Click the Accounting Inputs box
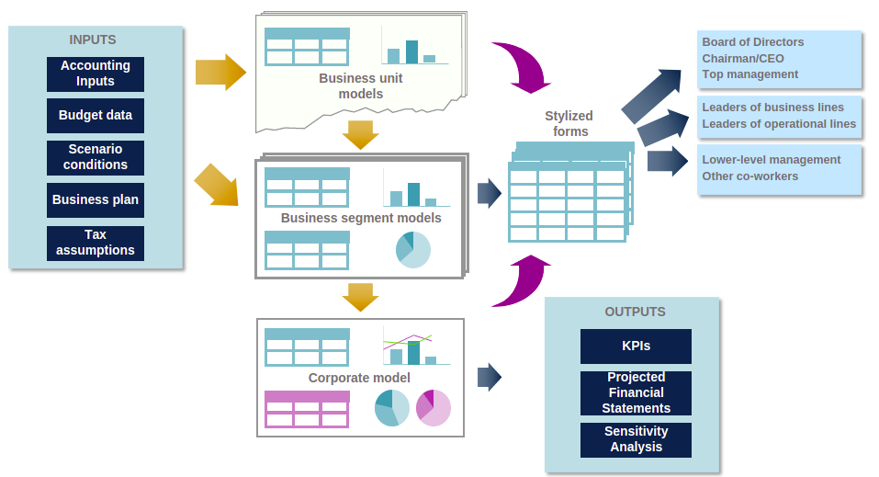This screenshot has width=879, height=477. pyautogui.click(x=96, y=74)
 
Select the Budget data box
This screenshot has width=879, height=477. pyautogui.click(x=96, y=116)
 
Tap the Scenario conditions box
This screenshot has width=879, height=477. pyautogui.click(x=96, y=157)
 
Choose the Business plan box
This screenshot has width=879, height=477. pyautogui.click(x=96, y=199)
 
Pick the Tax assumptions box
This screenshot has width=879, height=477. pyautogui.click(x=96, y=243)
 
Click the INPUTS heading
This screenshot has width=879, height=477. pyautogui.click(x=93, y=40)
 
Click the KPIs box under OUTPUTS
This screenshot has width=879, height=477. pyautogui.click(x=636, y=346)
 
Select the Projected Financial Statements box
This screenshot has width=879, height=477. pyautogui.click(x=636, y=392)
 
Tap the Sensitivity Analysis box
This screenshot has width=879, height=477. pyautogui.click(x=636, y=439)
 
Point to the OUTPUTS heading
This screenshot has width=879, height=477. pyautogui.click(x=635, y=312)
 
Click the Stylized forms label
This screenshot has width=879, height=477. pyautogui.click(x=569, y=123)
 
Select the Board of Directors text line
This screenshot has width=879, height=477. pyautogui.click(x=753, y=42)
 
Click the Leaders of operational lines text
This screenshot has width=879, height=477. pyautogui.click(x=779, y=124)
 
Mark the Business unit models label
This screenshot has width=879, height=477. pyautogui.click(x=361, y=85)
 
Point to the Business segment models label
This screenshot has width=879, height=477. pyautogui.click(x=361, y=218)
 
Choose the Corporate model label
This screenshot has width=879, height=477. pyautogui.click(x=359, y=378)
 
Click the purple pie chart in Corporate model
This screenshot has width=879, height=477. pyautogui.click(x=433, y=407)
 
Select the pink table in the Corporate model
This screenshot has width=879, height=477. pyautogui.click(x=307, y=409)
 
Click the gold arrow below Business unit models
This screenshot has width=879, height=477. pyautogui.click(x=360, y=135)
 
